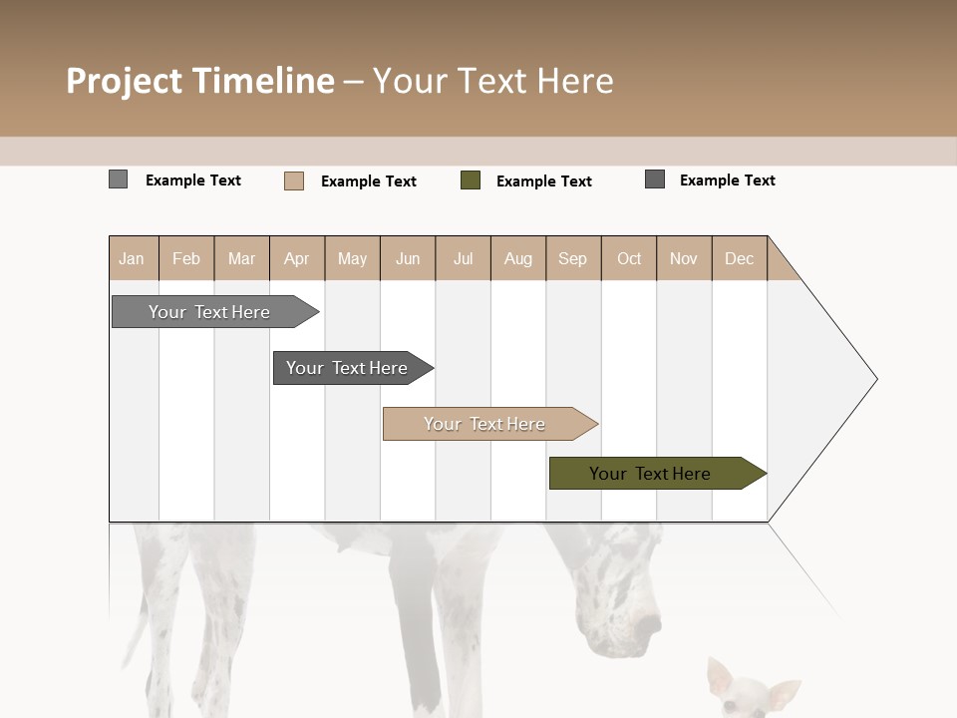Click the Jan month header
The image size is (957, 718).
tap(133, 258)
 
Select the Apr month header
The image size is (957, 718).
tap(297, 258)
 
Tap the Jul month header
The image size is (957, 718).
tap(463, 258)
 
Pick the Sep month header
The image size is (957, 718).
tap(573, 258)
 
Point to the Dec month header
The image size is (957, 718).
tap(739, 258)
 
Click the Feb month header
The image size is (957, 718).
tap(186, 258)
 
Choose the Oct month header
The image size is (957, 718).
tap(629, 258)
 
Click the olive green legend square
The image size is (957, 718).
tap(471, 180)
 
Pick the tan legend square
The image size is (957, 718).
tap(294, 180)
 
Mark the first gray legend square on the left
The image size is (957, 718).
tap(118, 179)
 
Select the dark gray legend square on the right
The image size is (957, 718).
tap(655, 179)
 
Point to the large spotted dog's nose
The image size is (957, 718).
tap(650, 625)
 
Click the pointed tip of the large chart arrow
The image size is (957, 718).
tap(875, 379)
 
